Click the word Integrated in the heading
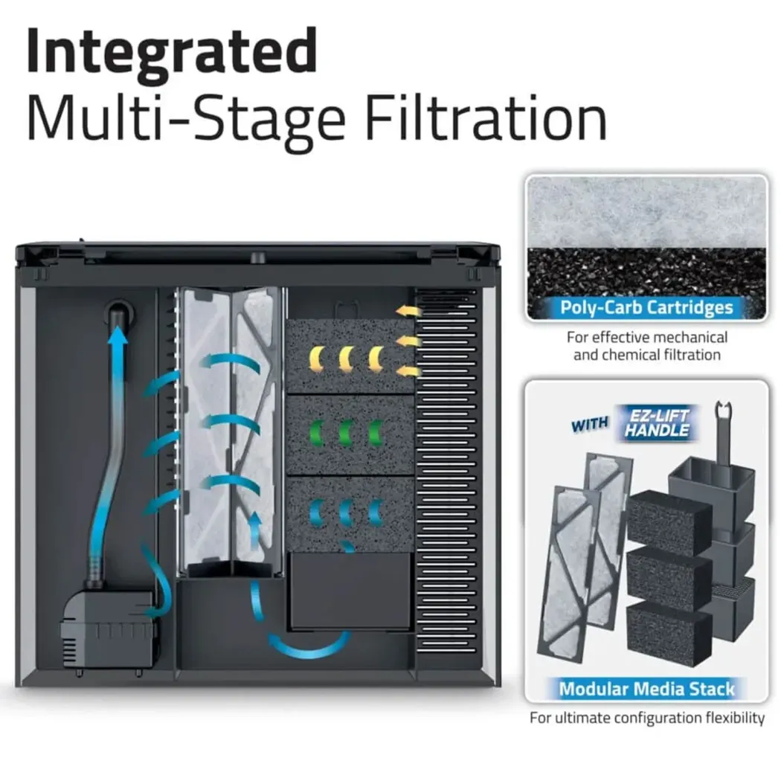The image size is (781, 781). click(x=172, y=51)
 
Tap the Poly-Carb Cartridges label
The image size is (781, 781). click(x=646, y=307)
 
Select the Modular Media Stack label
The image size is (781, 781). click(x=646, y=689)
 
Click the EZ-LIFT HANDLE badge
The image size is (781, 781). click(x=657, y=423)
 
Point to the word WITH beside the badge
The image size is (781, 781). click(x=590, y=425)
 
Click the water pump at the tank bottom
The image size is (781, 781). click(x=109, y=629)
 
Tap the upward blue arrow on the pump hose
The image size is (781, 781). click(x=118, y=344)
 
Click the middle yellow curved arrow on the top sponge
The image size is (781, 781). click(x=346, y=359)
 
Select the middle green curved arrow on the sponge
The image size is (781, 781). click(x=346, y=432)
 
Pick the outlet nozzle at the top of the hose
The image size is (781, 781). click(x=120, y=313)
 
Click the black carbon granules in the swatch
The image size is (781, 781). click(x=646, y=273)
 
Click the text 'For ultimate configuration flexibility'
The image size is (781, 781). click(x=646, y=718)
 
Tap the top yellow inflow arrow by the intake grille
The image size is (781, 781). click(x=408, y=312)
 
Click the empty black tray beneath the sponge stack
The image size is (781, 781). click(x=350, y=591)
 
